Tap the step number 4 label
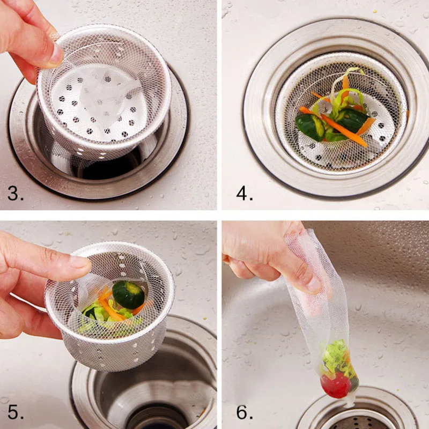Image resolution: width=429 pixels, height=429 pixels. coord(244,192)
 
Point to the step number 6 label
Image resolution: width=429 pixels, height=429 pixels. coord(245,412)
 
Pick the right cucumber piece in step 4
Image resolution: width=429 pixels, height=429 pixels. coord(351,120)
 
